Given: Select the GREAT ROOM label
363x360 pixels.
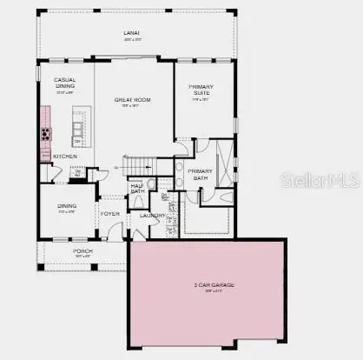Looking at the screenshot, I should click(133, 100).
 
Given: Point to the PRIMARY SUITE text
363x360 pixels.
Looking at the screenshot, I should click(204, 89).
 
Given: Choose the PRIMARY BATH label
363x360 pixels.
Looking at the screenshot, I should click(200, 174).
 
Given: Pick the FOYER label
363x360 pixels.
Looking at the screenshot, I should click(110, 213).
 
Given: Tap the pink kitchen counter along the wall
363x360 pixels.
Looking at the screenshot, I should click(42, 130).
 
